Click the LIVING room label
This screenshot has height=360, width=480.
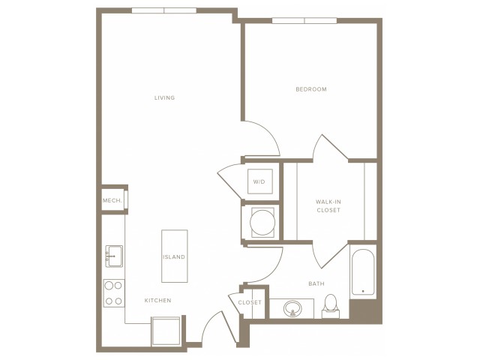[164, 97]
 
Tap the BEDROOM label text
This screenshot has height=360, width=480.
[310, 89]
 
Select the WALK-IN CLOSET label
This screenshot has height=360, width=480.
[328, 205]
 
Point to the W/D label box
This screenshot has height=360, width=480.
[259, 181]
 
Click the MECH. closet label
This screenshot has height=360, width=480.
[112, 200]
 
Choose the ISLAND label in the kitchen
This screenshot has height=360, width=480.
[174, 256]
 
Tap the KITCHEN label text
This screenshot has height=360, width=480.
[158, 300]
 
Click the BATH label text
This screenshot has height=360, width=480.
[316, 283]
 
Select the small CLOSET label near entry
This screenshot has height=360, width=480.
[250, 302]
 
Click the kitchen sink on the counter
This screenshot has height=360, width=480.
[114, 256]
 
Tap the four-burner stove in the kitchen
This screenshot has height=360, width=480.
[114, 292]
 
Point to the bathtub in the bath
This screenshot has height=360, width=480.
[364, 271]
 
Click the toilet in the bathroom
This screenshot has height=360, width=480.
[331, 305]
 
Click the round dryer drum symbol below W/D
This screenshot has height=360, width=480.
[261, 222]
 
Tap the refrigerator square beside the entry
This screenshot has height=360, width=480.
[166, 330]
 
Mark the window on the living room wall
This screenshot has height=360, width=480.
[164, 10]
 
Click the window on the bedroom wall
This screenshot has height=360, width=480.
[304, 20]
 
